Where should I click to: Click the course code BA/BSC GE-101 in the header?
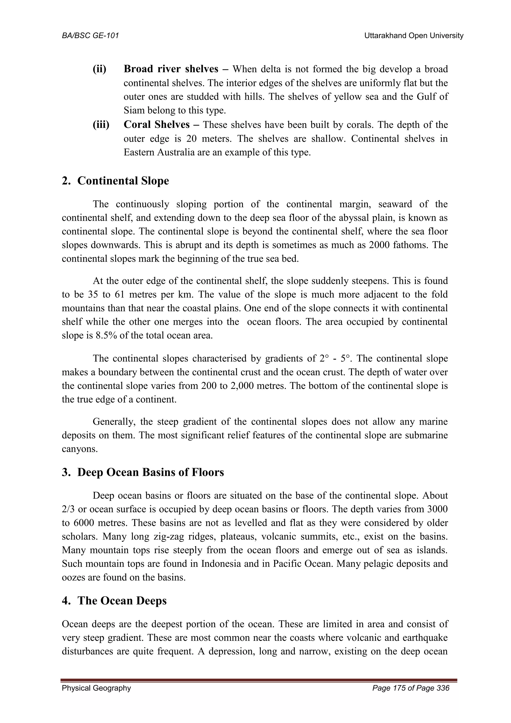90,36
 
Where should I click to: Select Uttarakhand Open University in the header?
414,36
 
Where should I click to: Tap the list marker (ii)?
100,69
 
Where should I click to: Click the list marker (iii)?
101,125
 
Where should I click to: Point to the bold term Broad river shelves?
171,69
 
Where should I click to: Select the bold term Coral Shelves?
157,125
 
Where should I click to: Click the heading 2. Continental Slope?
116,181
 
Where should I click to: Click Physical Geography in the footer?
96,688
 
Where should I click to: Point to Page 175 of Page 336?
411,688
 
